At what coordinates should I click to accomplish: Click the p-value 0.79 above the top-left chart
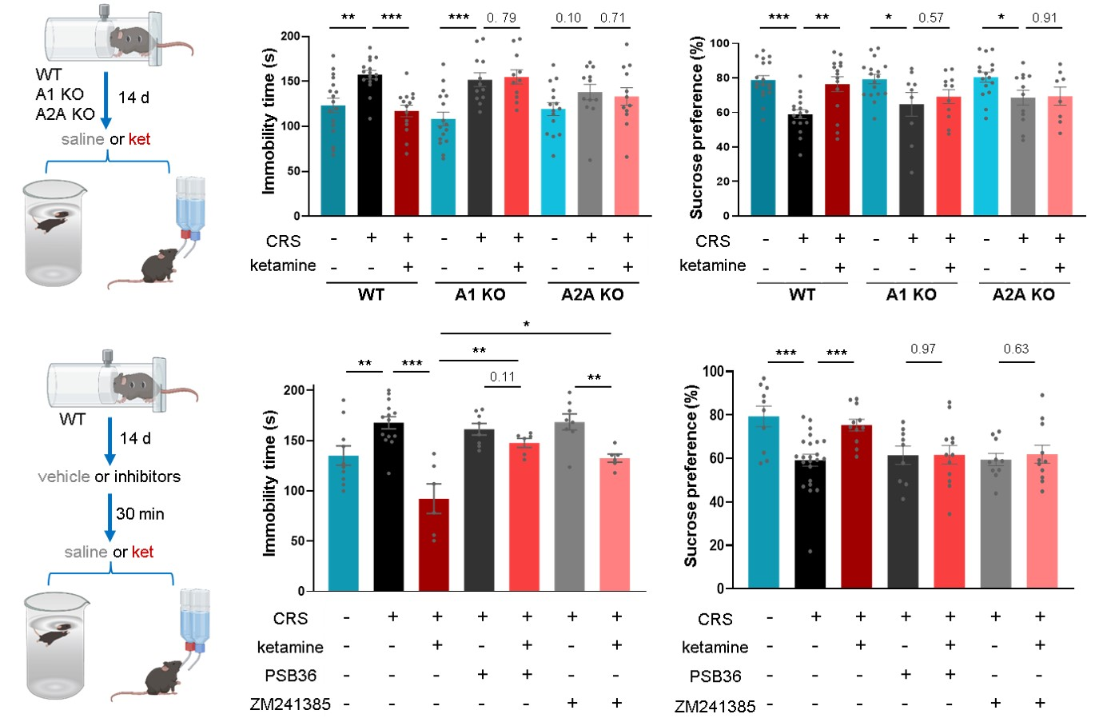point(502,18)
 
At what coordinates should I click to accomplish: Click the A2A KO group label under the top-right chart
point(1023,294)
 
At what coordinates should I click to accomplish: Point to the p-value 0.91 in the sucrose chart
point(1045,18)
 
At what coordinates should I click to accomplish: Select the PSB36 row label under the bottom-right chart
point(715,676)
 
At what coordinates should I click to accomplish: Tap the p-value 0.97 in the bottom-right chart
point(923,349)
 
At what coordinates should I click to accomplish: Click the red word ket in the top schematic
point(140,139)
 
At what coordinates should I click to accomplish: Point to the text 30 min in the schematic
point(140,514)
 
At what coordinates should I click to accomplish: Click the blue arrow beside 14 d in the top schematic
point(106,100)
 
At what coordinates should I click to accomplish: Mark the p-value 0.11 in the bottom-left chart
point(502,377)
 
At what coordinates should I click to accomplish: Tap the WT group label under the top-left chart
point(371,294)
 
